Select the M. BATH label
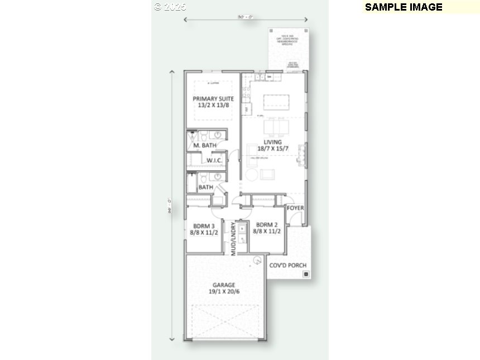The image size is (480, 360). [205, 146]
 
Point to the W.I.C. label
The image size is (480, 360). [215, 161]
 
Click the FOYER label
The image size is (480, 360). [295, 208]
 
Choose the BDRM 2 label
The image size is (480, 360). [266, 226]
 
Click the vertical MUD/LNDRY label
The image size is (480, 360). [233, 239]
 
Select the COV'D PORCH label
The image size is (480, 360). [287, 265]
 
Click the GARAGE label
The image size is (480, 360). [223, 285]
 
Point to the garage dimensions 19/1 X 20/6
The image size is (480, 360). [223, 291]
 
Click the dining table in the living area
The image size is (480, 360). [273, 128]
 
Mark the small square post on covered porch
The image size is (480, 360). [305, 274]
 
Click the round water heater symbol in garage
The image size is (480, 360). [257, 260]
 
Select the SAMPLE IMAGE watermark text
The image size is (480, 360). [404, 7]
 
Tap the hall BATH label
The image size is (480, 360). [205, 187]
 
